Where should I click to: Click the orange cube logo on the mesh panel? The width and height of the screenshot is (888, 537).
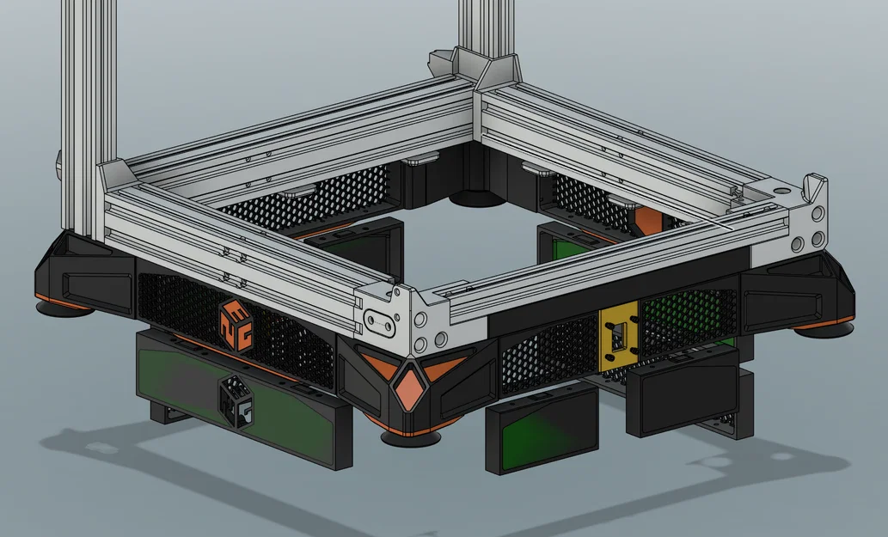[234, 325]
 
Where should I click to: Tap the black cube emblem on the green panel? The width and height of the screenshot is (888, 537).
[235, 401]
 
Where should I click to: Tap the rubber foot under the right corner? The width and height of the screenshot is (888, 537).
[824, 327]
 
